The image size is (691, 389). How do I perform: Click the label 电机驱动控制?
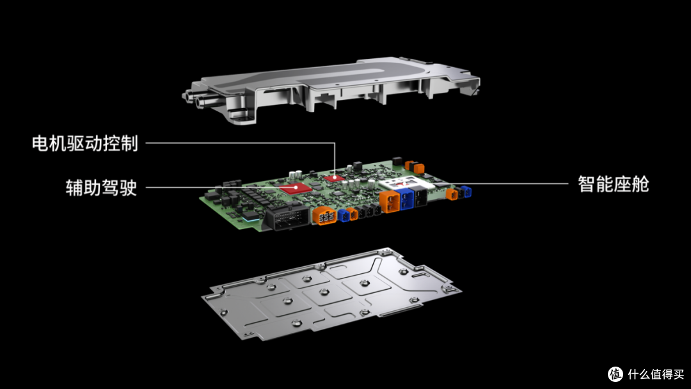coord(85,143)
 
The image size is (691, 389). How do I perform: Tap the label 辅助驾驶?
coord(101,187)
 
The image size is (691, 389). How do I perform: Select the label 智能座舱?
coord(614,184)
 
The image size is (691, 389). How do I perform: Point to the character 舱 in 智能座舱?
coord(640,184)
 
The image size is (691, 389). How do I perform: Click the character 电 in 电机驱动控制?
coord(40,143)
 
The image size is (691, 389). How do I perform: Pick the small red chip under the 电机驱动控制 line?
coord(335,178)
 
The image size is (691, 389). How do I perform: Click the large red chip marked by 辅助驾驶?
coord(296,188)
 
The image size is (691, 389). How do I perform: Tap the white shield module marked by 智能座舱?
coord(407,183)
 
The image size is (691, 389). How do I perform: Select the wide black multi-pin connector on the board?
coord(287,218)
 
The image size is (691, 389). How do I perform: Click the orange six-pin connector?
coord(325,216)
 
